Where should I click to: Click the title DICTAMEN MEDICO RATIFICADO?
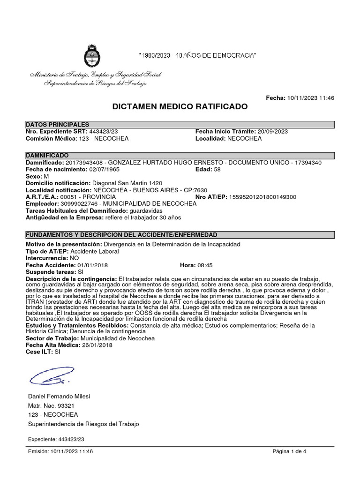[180, 107]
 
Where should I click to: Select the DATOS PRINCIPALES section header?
[57, 124]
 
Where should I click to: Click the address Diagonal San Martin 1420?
[127, 183]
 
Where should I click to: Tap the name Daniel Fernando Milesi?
[59, 396]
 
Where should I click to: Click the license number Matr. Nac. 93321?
[52, 405]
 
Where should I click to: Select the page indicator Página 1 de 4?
[289, 451]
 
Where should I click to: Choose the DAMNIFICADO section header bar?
[180, 155]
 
